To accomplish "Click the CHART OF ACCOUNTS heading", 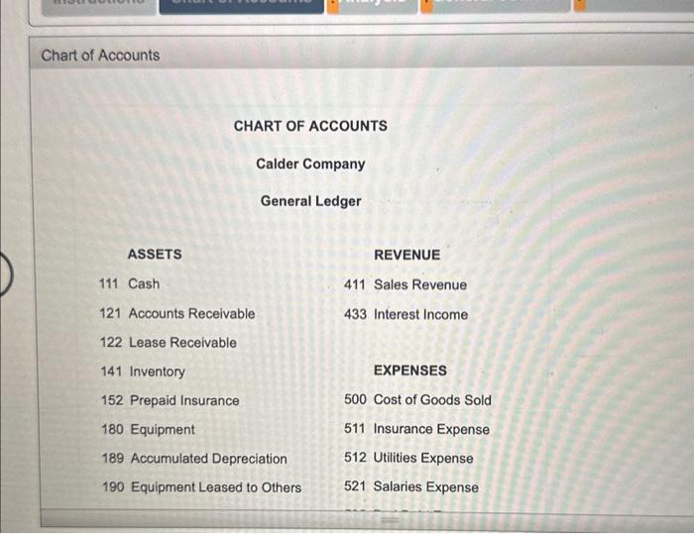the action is coord(310,126).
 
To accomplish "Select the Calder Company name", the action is coord(310,163).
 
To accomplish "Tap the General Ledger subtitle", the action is coord(310,201).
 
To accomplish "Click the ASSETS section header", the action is coord(155,255).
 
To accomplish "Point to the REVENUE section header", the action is coord(406,255).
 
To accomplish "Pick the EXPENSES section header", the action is coord(409,371).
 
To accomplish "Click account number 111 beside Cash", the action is coord(110,284).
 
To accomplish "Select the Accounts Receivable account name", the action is coord(191,313).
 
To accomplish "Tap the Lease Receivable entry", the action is coord(182,343).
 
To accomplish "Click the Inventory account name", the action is coord(157,372).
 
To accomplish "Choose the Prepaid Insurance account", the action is coord(184,400).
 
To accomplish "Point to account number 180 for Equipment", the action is coord(112,430).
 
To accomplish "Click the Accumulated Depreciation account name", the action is coord(208,459).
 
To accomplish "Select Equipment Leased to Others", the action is coord(215,487).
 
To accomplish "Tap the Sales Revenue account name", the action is coord(419,285).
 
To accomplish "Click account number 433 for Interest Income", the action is coord(355,315).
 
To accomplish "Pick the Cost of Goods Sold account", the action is coord(431,400).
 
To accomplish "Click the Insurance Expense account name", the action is coord(430,430).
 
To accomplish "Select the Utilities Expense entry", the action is coord(422,459).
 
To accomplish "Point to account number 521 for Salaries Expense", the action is coord(355,487).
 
